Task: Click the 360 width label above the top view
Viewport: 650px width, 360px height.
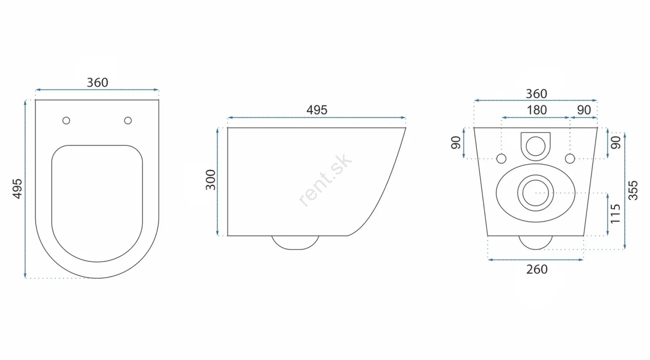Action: [x=97, y=83]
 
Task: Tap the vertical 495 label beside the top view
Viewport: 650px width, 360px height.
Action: [x=17, y=189]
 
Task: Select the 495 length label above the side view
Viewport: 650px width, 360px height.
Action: [x=317, y=110]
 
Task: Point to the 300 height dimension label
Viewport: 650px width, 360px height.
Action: [x=211, y=180]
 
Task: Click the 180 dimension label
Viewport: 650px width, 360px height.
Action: [x=537, y=110]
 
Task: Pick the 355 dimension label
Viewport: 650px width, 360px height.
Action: [x=633, y=191]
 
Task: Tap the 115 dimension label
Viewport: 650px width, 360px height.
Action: [x=615, y=214]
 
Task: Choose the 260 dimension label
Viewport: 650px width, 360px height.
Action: [x=537, y=269]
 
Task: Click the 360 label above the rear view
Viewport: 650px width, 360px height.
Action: [x=537, y=94]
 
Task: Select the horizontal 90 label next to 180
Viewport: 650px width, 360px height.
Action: [x=584, y=110]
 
